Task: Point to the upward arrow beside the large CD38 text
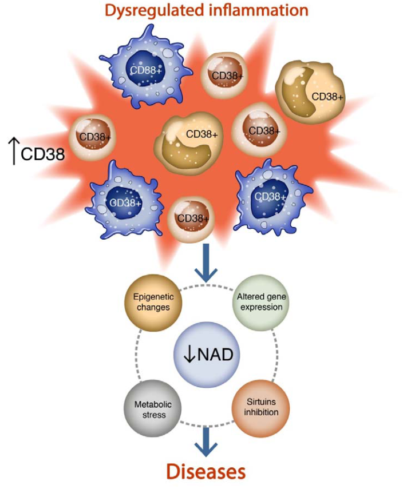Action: click(x=14, y=152)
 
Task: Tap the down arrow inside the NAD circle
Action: click(x=189, y=355)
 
